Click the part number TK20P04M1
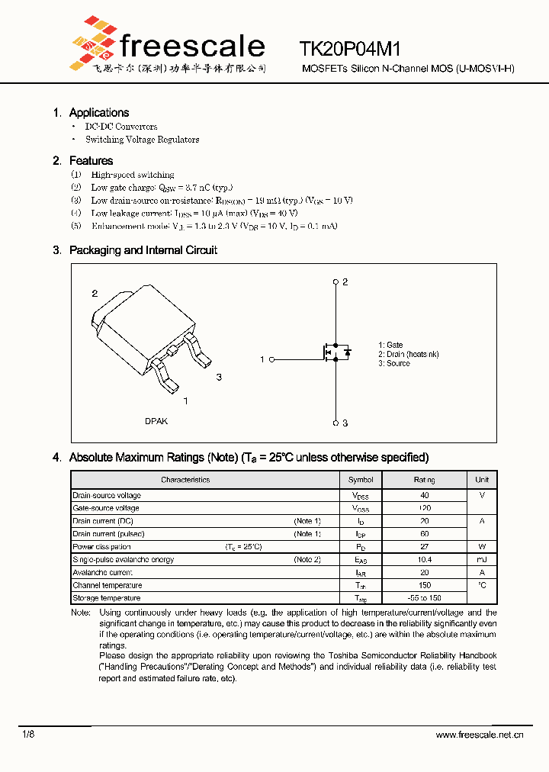click(x=350, y=50)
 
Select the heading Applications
click(x=99, y=113)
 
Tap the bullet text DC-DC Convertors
click(x=121, y=127)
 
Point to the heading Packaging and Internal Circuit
click(x=143, y=250)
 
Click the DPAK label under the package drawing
click(x=156, y=421)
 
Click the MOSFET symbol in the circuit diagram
click(x=333, y=352)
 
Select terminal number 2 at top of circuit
click(x=345, y=282)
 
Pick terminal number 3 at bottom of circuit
click(x=345, y=423)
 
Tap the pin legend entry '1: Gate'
click(x=390, y=345)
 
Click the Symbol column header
click(x=361, y=480)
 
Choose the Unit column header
click(x=482, y=480)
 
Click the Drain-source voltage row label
click(x=107, y=496)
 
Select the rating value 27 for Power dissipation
click(x=425, y=547)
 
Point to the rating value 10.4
click(x=425, y=560)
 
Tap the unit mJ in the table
click(x=482, y=560)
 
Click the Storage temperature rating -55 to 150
click(x=425, y=598)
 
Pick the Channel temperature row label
click(x=107, y=585)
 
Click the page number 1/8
click(x=28, y=734)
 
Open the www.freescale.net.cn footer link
click(x=480, y=735)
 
